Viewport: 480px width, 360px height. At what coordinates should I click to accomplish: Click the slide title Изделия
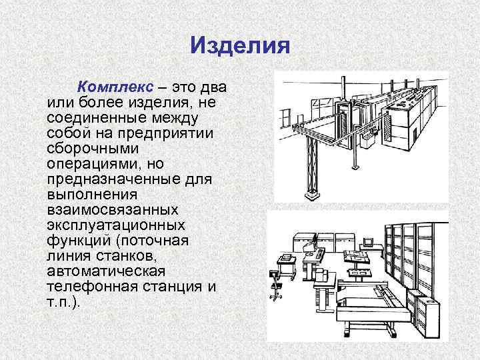coord(239,46)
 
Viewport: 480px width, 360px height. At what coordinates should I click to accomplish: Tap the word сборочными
coord(88,148)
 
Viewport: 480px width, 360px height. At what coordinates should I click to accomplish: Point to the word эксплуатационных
coord(115,225)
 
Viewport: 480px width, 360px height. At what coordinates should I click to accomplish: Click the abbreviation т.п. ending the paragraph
coord(61,301)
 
